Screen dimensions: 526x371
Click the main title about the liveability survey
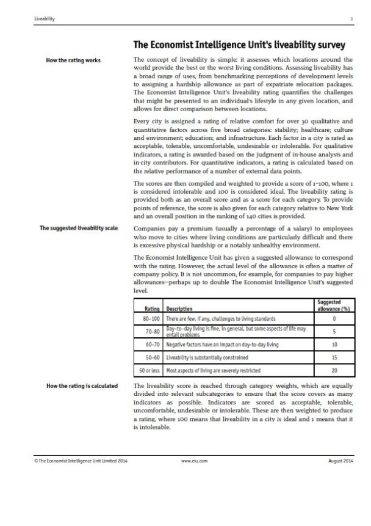point(239,45)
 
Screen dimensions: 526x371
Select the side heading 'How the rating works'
point(73,60)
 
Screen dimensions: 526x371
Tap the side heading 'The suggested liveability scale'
point(70,228)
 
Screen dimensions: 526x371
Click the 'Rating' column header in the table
point(152,309)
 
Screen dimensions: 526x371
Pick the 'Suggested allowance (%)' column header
point(334,305)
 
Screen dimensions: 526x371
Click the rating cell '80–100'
point(150,319)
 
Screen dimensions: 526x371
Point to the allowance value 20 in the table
point(334,370)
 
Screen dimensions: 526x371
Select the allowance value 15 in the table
point(334,357)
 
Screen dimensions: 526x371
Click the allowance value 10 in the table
point(334,345)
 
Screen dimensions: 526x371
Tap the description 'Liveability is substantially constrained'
point(207,357)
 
